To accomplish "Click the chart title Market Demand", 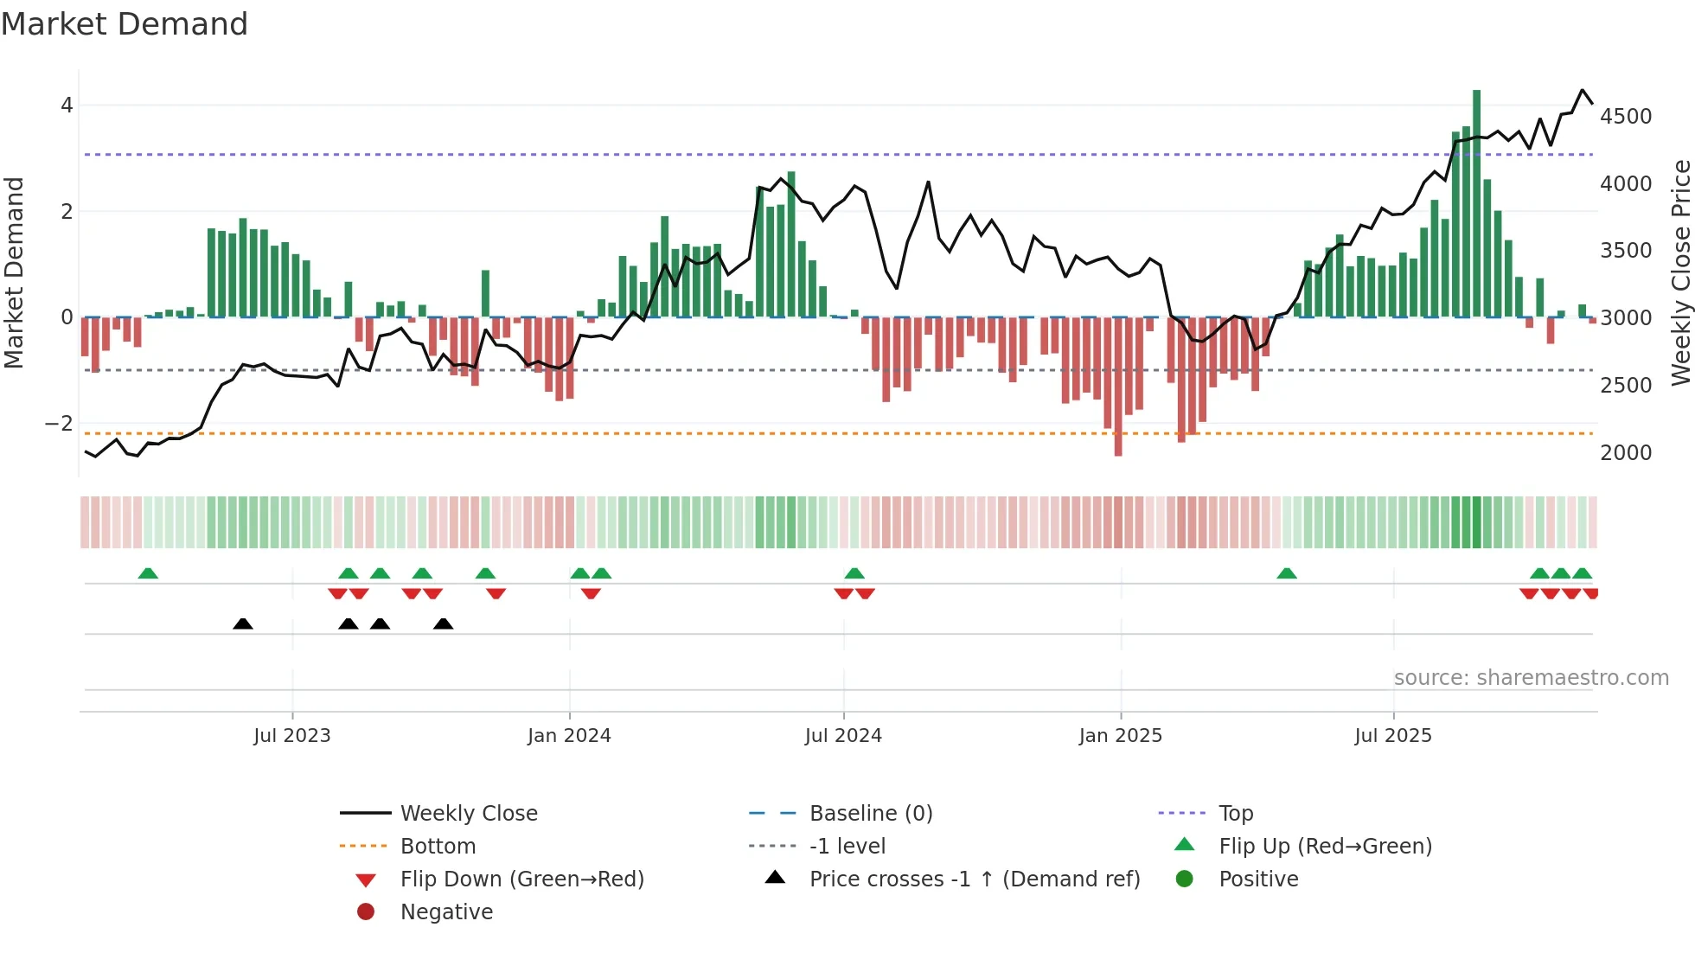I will (125, 24).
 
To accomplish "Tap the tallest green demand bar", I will (1476, 203).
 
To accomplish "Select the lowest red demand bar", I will (1118, 386).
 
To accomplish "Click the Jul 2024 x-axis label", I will (843, 736).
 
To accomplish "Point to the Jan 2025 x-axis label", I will (1121, 736).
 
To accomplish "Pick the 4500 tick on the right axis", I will (1626, 117).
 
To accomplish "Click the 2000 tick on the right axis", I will (1626, 453).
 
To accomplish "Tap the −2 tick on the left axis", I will (59, 424).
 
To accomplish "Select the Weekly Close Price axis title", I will (1680, 272).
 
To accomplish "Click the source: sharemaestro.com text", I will (1531, 678).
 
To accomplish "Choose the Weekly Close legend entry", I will (468, 814).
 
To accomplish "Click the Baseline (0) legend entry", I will (870, 814).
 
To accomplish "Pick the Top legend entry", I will (1235, 814).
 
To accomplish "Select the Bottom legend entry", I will (438, 847).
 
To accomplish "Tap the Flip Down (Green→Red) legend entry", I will (521, 879).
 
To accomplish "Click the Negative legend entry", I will (446, 912).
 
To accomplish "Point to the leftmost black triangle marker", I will (243, 624).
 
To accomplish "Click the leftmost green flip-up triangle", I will (148, 573).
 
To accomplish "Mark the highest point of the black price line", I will (1583, 90).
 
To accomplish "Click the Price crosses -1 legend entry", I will (974, 879).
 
